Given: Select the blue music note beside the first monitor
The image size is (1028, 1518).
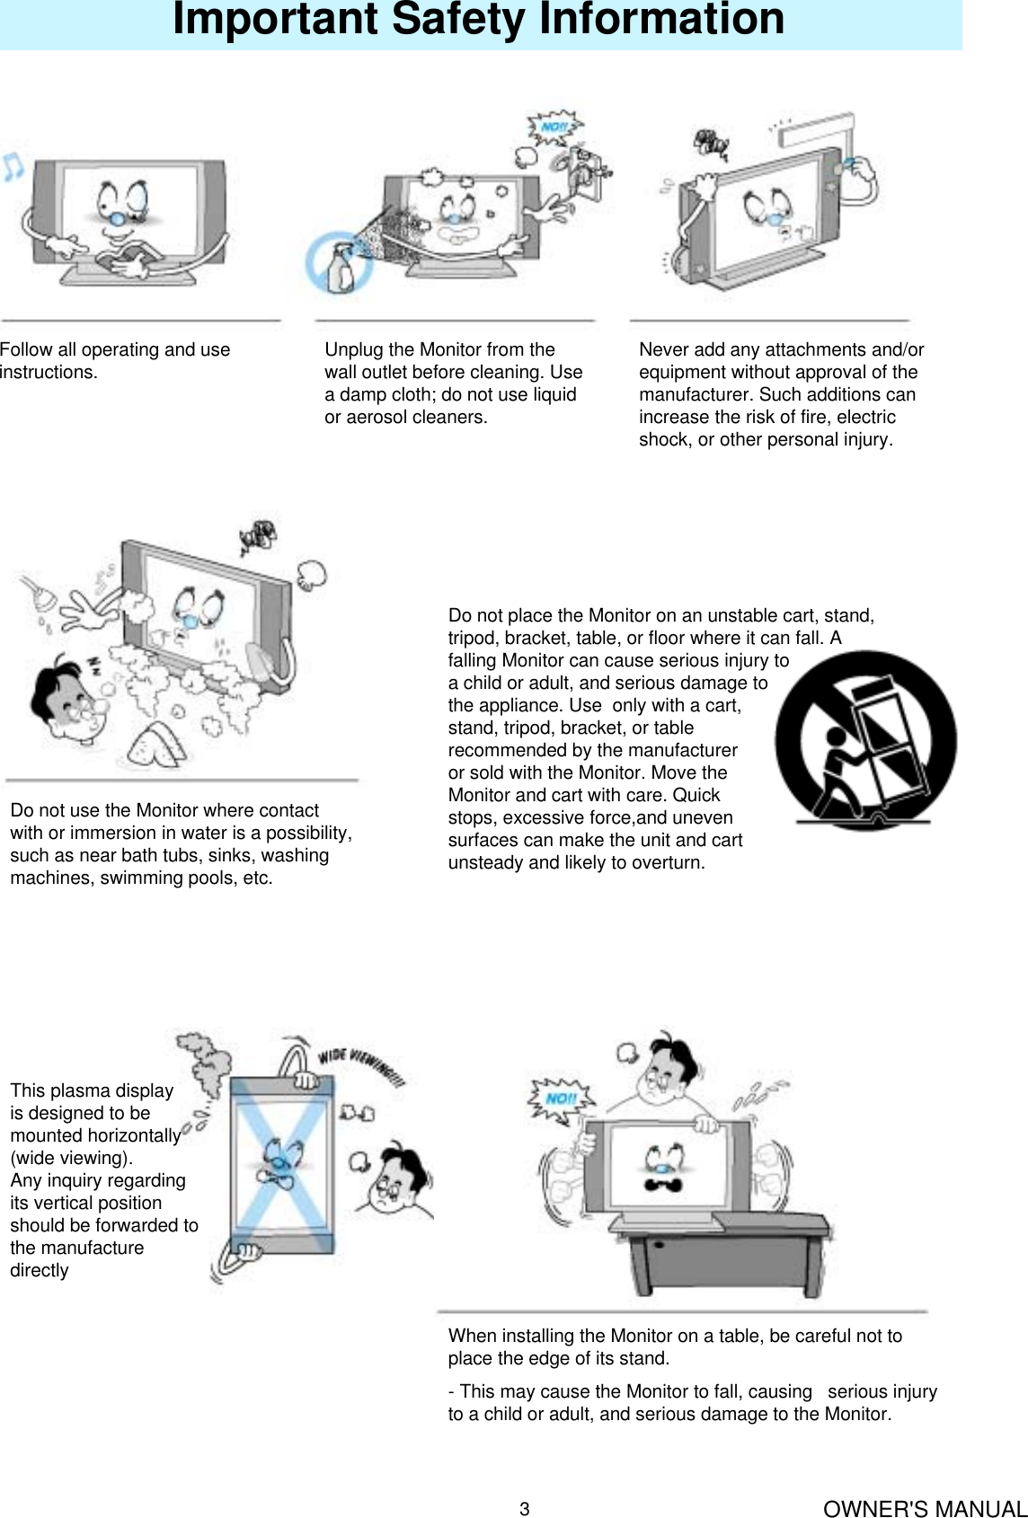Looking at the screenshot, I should (x=13, y=166).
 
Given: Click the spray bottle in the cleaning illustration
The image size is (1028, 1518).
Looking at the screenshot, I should (x=341, y=267).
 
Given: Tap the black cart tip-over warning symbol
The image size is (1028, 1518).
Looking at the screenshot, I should (x=865, y=740).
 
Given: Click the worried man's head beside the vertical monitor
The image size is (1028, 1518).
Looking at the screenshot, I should (x=399, y=1177).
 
